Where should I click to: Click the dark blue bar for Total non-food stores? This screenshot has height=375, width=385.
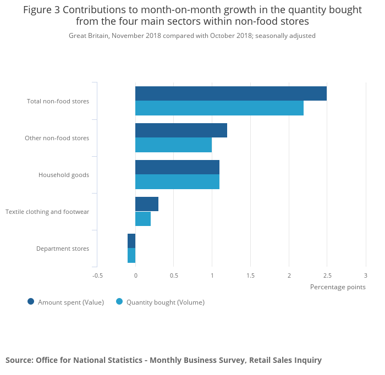231,93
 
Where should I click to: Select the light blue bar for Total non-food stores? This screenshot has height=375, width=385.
219,108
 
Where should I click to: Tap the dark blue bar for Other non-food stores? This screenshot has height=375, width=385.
181,130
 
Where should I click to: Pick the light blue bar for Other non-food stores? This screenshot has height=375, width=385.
173,145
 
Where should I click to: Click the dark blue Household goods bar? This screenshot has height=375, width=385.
177,167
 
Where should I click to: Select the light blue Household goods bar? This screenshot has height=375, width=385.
177,182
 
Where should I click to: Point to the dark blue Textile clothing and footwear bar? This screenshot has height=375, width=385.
147,204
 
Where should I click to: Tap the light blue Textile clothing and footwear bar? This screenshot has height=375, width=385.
143,219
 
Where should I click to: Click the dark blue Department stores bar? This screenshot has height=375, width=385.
131,241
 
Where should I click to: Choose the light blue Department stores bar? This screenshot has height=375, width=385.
131,256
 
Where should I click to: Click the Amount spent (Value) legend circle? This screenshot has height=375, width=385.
31,301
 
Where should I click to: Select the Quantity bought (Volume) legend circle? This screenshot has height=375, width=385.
119,301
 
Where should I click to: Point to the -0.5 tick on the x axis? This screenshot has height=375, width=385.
97,275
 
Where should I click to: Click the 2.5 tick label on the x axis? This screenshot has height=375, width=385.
327,275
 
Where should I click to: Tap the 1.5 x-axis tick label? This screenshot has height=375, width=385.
250,275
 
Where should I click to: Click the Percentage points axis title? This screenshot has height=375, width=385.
338,286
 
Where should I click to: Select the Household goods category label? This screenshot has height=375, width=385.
63,175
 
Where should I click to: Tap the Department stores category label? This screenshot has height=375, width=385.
62,249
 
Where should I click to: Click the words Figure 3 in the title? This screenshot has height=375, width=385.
42,10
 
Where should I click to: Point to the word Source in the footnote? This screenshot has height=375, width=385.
19,360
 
